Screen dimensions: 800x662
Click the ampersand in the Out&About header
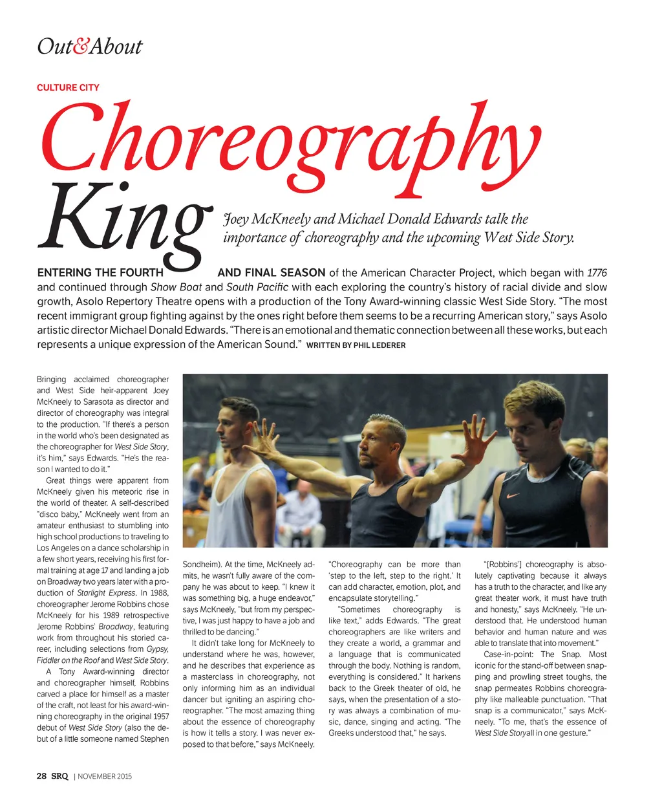81,47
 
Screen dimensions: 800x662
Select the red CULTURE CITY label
68,87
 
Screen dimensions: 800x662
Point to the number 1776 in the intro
597,273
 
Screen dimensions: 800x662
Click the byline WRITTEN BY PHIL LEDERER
356,345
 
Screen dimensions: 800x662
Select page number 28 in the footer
42,776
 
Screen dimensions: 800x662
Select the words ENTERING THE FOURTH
100,273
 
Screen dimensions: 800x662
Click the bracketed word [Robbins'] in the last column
503,565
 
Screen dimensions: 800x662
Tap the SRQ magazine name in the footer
60,776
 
